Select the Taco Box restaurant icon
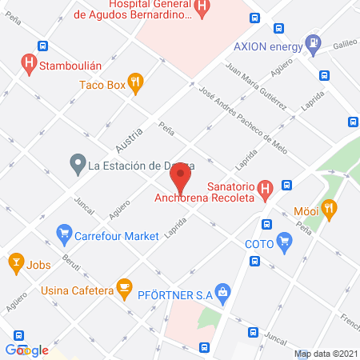[136, 81]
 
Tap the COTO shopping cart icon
[283, 241]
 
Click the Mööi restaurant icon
[329, 209]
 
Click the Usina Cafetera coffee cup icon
[123, 286]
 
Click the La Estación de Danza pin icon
[78, 166]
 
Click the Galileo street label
[344, 44]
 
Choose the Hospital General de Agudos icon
[202, 10]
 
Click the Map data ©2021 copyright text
[326, 354]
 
